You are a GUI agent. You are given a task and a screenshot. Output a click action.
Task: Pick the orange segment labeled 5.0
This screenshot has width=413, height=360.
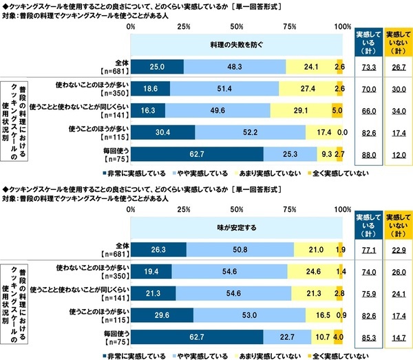337,110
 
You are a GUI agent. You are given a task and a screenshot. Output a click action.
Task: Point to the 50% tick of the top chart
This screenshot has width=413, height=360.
236,27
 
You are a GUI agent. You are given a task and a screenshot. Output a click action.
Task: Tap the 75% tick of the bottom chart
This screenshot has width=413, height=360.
289,209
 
